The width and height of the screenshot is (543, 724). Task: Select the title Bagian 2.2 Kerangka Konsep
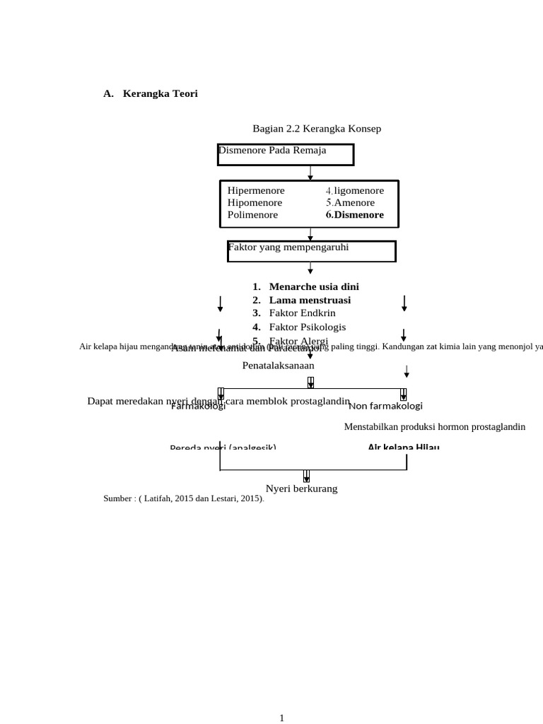pyautogui.click(x=317, y=129)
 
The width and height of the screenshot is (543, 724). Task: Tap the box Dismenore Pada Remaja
pyautogui.click(x=286, y=154)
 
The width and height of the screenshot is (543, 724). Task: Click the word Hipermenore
pyautogui.click(x=256, y=191)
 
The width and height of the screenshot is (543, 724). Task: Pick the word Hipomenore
pyautogui.click(x=255, y=203)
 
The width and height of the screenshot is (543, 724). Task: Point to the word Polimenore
pyautogui.click(x=252, y=215)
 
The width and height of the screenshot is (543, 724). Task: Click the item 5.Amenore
pyautogui.click(x=350, y=203)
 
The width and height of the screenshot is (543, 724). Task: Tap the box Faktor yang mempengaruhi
pyautogui.click(x=311, y=250)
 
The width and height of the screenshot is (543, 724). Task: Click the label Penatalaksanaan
pyautogui.click(x=278, y=366)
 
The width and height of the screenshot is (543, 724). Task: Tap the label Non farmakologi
pyautogui.click(x=385, y=406)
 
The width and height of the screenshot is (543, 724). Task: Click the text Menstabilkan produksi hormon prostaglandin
pyautogui.click(x=435, y=427)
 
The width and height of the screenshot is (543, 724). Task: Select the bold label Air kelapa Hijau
pyautogui.click(x=403, y=447)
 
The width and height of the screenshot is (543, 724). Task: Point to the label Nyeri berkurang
pyautogui.click(x=301, y=489)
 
